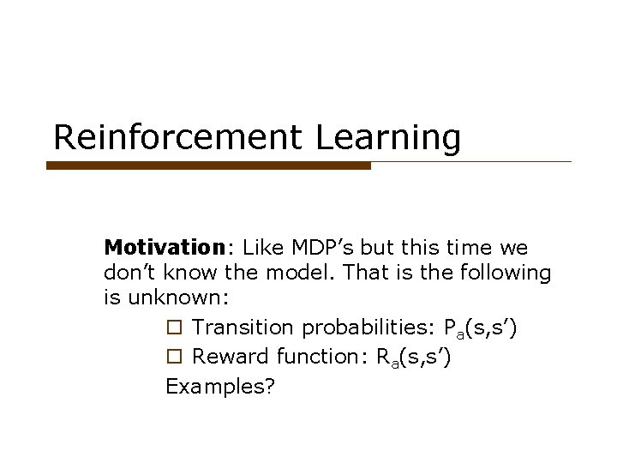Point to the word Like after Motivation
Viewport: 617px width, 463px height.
[x=261, y=248]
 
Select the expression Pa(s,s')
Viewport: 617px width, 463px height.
[x=481, y=328]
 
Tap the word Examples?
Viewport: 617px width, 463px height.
[x=220, y=386]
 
